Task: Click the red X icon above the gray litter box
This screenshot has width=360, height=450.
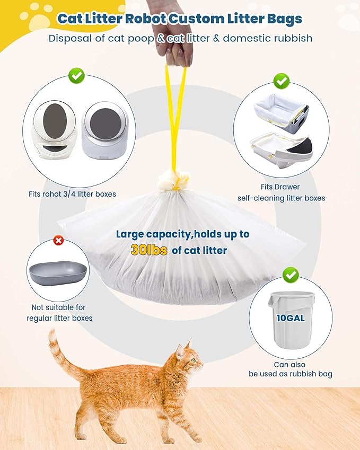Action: click(59, 241)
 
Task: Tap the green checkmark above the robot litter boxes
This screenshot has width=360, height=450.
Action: click(76, 76)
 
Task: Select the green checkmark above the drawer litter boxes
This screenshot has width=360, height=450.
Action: click(281, 81)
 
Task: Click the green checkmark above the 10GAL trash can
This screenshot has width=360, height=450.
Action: click(290, 275)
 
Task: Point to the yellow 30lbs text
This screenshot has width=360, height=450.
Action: click(149, 251)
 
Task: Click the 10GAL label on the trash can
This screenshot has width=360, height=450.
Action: click(289, 318)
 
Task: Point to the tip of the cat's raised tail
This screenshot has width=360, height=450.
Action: click(52, 334)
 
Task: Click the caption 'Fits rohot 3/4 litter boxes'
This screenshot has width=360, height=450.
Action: click(72, 194)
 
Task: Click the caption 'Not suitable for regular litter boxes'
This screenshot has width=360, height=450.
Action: click(59, 313)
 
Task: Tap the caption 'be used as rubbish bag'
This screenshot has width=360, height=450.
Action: click(291, 374)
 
